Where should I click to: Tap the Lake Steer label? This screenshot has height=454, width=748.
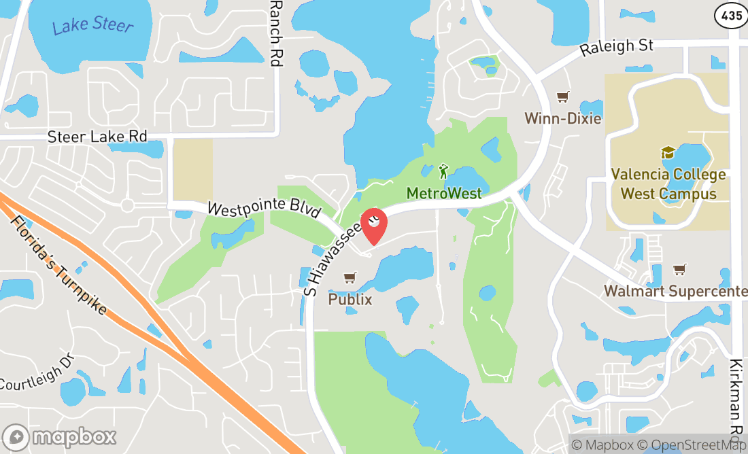click(x=93, y=26)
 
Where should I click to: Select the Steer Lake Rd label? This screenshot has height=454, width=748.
click(x=97, y=137)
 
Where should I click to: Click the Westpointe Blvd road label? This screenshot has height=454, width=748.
click(x=264, y=209)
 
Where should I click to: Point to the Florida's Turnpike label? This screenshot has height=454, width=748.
click(x=60, y=266)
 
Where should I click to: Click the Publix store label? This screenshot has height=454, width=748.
click(x=350, y=298)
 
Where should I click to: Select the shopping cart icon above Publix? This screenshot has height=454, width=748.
click(x=350, y=277)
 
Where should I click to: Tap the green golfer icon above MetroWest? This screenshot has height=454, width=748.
click(x=444, y=169)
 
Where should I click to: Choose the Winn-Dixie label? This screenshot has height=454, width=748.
click(x=563, y=118)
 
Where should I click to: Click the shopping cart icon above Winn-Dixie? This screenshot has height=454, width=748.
click(x=562, y=97)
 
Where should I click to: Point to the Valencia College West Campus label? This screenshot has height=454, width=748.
click(x=668, y=184)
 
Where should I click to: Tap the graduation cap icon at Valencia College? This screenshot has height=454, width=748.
click(x=668, y=153)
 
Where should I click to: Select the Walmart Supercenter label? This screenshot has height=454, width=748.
click(x=675, y=292)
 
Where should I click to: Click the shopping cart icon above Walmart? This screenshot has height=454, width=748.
click(x=679, y=270)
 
